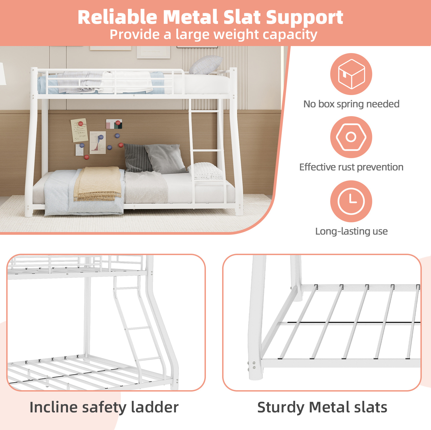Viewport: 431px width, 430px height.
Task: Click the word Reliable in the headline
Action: pos(117,17)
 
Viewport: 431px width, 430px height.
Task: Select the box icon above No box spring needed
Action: pos(351,74)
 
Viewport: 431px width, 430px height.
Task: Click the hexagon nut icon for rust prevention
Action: pos(351,137)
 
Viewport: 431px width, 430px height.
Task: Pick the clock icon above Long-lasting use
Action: pos(351,201)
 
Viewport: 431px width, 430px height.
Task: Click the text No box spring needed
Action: pos(351,104)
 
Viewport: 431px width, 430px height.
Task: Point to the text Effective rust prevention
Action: pos(351,167)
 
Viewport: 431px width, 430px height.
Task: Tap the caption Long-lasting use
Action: pos(351,231)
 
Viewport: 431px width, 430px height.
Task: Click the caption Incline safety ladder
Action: pos(104,407)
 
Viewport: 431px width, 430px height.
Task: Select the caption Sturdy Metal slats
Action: pos(322,407)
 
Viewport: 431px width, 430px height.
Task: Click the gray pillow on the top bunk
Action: pos(206,65)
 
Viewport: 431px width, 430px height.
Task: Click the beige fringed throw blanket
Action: pos(98,184)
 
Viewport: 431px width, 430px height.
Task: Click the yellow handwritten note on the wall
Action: pos(79,130)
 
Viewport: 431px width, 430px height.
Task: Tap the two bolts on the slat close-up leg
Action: pos(254,365)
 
